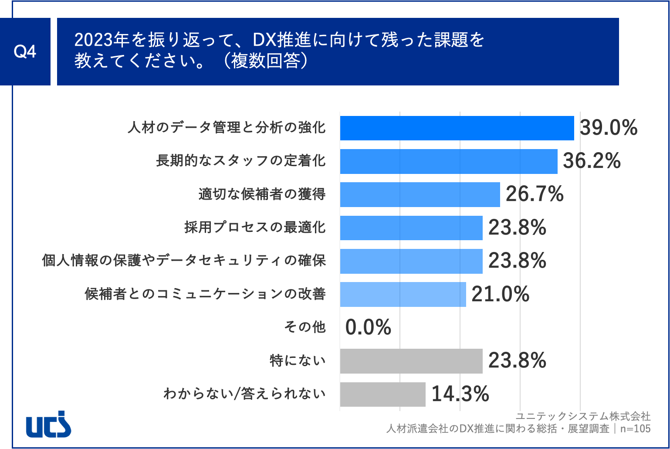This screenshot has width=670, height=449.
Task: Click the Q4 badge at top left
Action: [25, 51]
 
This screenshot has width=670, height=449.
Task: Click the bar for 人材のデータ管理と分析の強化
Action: [457, 128]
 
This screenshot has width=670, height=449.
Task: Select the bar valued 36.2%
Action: [448, 161]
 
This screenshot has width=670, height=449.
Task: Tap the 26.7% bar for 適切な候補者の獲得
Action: [420, 194]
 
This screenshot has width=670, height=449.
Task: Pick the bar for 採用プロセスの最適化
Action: [411, 228]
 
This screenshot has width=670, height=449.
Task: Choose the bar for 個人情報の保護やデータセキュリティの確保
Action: [411, 261]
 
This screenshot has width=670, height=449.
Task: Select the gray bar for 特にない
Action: [411, 361]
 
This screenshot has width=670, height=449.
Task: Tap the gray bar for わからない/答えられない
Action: [382, 394]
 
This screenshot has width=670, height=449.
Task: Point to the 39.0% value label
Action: [609, 128]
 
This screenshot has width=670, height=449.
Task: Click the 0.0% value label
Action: [368, 327]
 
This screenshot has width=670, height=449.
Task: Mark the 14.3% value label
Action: [460, 394]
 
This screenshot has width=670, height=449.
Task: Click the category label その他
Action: [305, 327]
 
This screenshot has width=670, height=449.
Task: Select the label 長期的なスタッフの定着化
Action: [240, 161]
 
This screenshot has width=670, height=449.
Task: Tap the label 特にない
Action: [298, 361]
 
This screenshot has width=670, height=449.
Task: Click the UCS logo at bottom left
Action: [48, 424]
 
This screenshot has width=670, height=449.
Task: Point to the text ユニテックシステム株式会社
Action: [583, 416]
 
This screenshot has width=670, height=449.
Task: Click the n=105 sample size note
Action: [635, 429]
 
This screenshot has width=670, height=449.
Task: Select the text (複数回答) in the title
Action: [266, 61]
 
